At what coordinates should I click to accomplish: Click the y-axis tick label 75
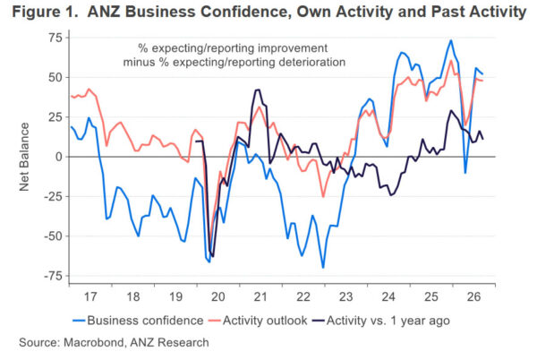point(55,38)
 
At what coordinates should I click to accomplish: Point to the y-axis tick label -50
point(54,236)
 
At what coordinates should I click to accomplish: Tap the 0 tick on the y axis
point(60,157)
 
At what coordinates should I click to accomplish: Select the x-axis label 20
point(218,296)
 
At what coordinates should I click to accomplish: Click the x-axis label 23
point(345,296)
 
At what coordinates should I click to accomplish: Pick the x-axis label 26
point(474,296)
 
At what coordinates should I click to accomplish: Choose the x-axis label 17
point(90,296)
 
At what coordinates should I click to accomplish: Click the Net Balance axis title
point(24,157)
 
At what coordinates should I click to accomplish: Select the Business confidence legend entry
point(138,321)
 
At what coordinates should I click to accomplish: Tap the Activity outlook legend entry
point(259,321)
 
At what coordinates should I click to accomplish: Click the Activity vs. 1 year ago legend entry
point(381,321)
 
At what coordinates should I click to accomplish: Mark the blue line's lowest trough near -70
point(323,268)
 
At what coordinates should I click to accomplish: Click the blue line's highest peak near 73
point(451,40)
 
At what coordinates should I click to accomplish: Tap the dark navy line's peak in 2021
point(258,90)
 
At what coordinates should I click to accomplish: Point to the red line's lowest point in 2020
point(210,244)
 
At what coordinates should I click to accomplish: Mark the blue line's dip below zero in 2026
point(465,173)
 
